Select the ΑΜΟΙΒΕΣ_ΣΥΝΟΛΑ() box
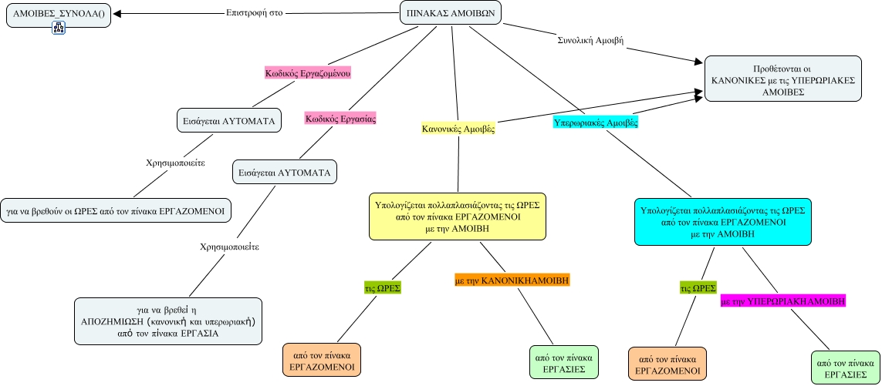click(58, 14)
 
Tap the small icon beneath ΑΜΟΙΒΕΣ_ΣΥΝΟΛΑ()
click(59, 29)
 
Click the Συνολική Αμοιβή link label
click(590, 39)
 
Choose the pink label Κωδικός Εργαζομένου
click(308, 73)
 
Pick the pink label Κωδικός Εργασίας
click(340, 119)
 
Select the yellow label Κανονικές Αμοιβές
click(458, 129)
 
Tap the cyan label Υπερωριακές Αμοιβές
click(595, 122)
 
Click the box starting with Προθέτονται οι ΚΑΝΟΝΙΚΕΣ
click(782, 79)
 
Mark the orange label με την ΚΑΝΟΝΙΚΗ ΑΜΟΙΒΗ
click(512, 281)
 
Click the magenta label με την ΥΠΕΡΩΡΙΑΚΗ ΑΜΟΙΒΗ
click(782, 301)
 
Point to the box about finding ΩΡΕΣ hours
click(116, 210)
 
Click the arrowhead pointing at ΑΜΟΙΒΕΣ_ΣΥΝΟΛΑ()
click(117, 14)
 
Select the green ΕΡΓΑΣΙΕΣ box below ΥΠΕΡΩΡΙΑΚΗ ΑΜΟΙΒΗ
click(845, 368)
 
